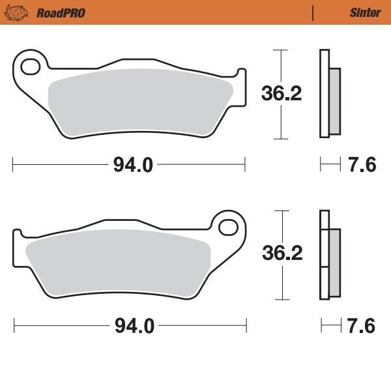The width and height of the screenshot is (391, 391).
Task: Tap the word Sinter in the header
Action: (x=365, y=12)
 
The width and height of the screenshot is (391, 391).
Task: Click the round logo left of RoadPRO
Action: (x=22, y=12)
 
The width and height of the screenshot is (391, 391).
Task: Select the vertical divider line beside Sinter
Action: (x=313, y=12)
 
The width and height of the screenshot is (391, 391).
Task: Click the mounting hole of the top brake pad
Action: (x=30, y=66)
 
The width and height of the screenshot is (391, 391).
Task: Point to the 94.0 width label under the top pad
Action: (x=133, y=166)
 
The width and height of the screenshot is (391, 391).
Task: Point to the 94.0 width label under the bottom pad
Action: (x=133, y=325)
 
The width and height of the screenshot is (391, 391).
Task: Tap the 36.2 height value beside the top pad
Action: (x=281, y=94)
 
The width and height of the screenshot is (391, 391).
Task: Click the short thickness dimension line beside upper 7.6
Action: (x=330, y=166)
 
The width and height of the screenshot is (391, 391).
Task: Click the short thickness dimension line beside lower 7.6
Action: (x=330, y=325)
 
